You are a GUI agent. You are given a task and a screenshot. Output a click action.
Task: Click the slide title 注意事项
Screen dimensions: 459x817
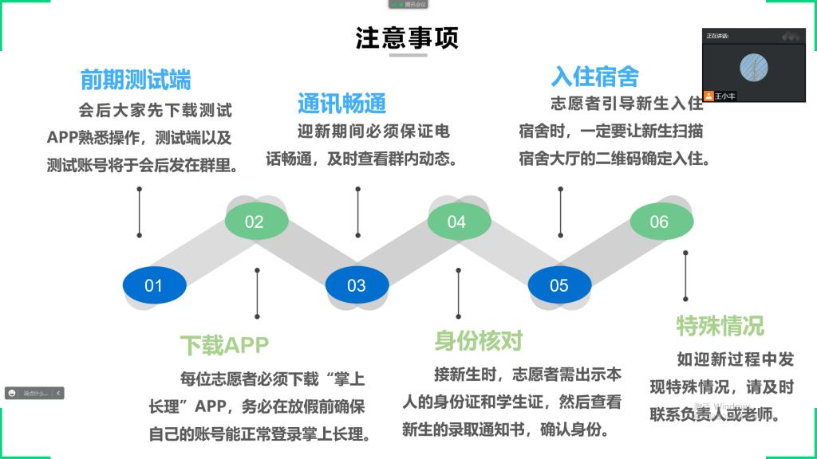(x=408, y=38)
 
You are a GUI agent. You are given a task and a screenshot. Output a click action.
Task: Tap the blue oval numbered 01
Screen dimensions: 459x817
(x=154, y=285)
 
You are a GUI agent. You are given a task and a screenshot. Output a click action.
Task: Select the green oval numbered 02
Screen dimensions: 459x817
(x=255, y=222)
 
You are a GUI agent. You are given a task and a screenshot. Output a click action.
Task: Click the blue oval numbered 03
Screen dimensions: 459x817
(x=356, y=285)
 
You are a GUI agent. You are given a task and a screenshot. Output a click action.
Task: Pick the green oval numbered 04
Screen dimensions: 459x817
(x=456, y=222)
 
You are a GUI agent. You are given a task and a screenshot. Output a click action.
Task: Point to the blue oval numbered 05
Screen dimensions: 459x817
(x=558, y=285)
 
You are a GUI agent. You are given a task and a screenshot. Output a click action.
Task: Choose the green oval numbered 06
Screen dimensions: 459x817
(x=659, y=222)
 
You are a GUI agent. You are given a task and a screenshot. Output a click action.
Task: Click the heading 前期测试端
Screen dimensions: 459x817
(x=136, y=80)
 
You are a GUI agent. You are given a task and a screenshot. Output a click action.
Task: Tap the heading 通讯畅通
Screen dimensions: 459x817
(x=341, y=103)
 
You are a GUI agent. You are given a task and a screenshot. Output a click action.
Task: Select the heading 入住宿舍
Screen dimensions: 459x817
(x=594, y=76)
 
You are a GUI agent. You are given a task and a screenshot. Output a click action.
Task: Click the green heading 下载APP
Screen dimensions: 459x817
(x=224, y=345)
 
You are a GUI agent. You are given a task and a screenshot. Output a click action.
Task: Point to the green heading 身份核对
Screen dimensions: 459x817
(x=478, y=342)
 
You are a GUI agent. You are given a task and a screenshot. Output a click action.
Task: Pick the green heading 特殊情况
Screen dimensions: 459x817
(x=720, y=325)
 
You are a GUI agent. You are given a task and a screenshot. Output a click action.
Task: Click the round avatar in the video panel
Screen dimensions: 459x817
(x=754, y=67)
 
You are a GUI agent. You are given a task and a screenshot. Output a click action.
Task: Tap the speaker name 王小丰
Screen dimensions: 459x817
(x=725, y=95)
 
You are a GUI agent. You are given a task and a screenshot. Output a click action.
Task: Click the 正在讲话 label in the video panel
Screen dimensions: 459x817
(x=717, y=36)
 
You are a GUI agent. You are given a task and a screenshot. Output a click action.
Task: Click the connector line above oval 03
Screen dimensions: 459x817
(x=357, y=213)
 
